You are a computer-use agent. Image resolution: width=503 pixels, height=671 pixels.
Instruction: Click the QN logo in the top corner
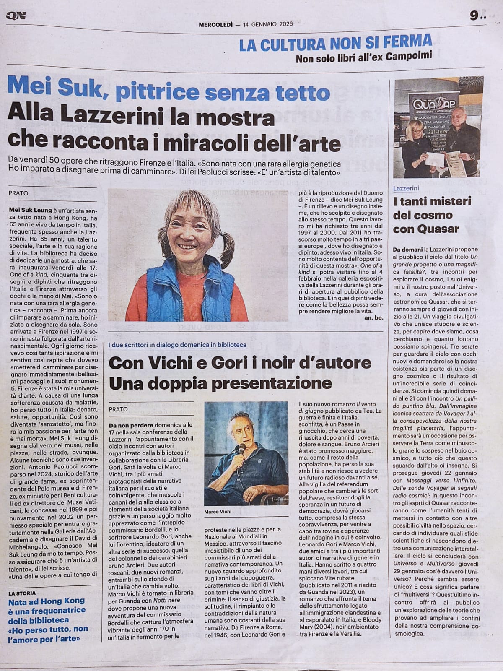tap(16, 16)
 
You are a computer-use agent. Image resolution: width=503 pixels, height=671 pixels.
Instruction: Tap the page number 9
tap(474, 16)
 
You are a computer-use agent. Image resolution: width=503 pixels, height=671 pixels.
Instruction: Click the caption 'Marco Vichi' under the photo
tap(218, 512)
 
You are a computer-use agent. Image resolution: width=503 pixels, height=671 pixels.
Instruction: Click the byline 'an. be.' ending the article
tap(373, 319)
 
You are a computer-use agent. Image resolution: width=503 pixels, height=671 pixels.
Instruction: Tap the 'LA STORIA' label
tap(22, 593)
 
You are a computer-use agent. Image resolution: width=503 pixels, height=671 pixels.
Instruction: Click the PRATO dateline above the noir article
tap(118, 409)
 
